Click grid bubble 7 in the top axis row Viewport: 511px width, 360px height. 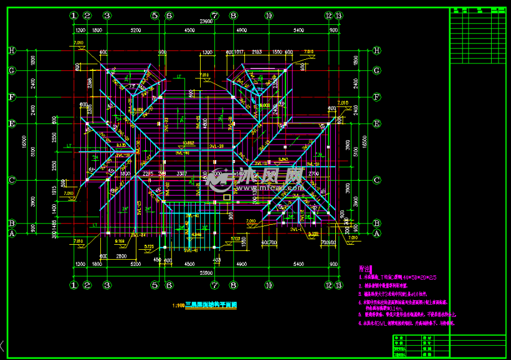pyautogui.click(x=214, y=15)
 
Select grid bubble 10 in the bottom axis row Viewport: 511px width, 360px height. pyautogui.click(x=269, y=285)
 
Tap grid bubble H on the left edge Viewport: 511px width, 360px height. pyautogui.click(x=11, y=51)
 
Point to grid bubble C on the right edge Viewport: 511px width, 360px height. pyautogui.click(x=376, y=181)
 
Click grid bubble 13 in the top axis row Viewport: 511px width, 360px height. pyautogui.click(x=339, y=15)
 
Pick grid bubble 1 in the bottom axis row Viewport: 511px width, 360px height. pyautogui.click(x=74, y=285)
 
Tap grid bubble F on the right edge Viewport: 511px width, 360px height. pyautogui.click(x=376, y=97)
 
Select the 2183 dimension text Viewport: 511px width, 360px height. pyautogui.click(x=256, y=52)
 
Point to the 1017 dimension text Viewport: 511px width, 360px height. pyautogui.click(x=239, y=52)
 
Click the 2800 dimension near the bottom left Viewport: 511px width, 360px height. pyautogui.click(x=121, y=256)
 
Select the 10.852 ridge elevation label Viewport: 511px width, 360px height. pyautogui.click(x=189, y=143)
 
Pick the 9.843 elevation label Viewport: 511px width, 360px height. pyautogui.click(x=283, y=159)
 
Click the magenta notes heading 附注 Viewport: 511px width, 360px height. pyautogui.click(x=365, y=265)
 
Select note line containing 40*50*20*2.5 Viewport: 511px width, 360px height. pyautogui.click(x=399, y=276)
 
